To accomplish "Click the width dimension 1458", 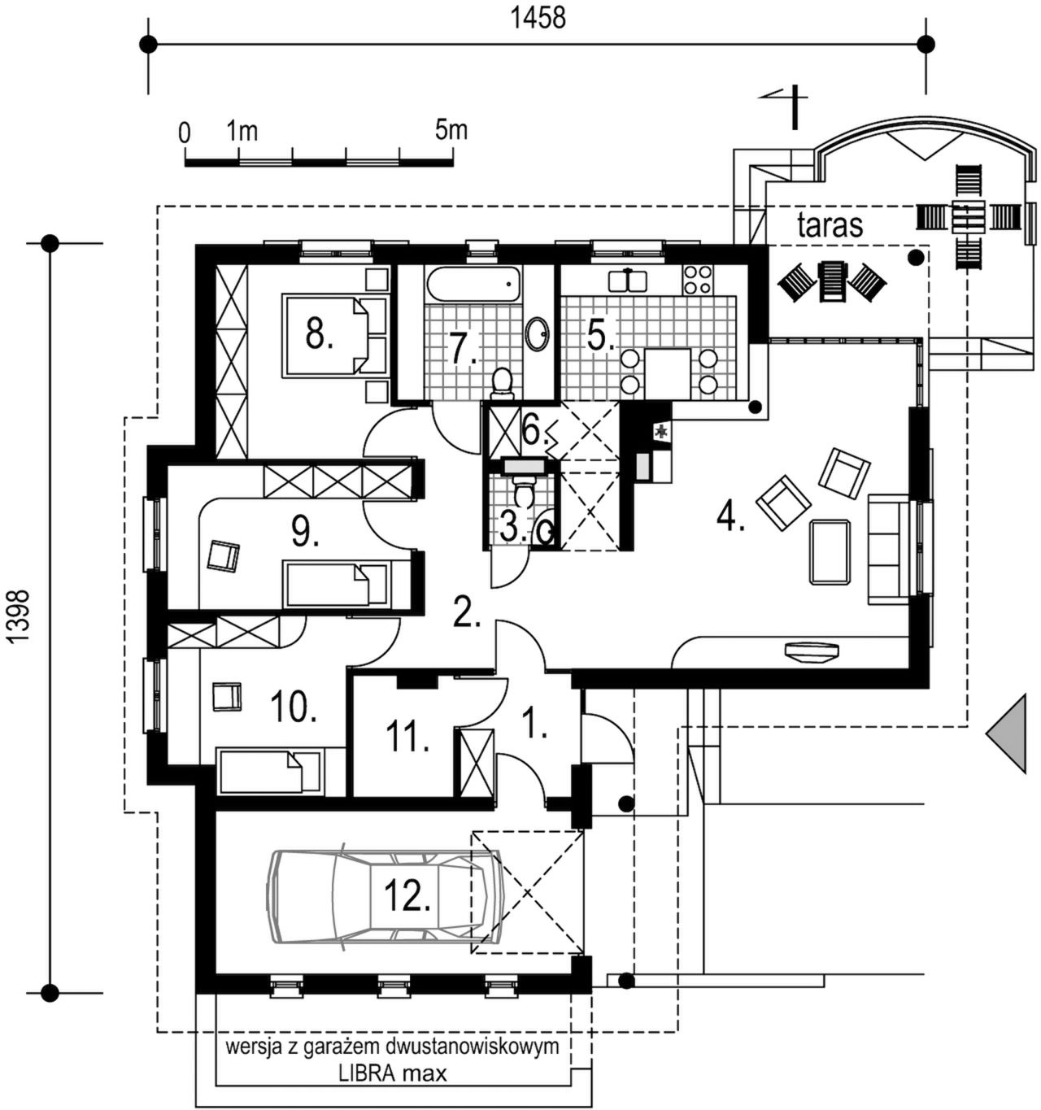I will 538,17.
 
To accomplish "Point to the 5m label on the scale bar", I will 451,129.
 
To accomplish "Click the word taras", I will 830,225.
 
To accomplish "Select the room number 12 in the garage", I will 407,897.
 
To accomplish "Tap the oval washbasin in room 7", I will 537,333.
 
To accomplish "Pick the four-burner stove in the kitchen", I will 698,279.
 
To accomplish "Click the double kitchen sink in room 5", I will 628,281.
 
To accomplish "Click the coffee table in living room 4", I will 830,552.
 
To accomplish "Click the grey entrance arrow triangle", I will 1008,733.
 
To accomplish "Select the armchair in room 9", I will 224,556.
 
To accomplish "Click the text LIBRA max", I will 393,1073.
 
